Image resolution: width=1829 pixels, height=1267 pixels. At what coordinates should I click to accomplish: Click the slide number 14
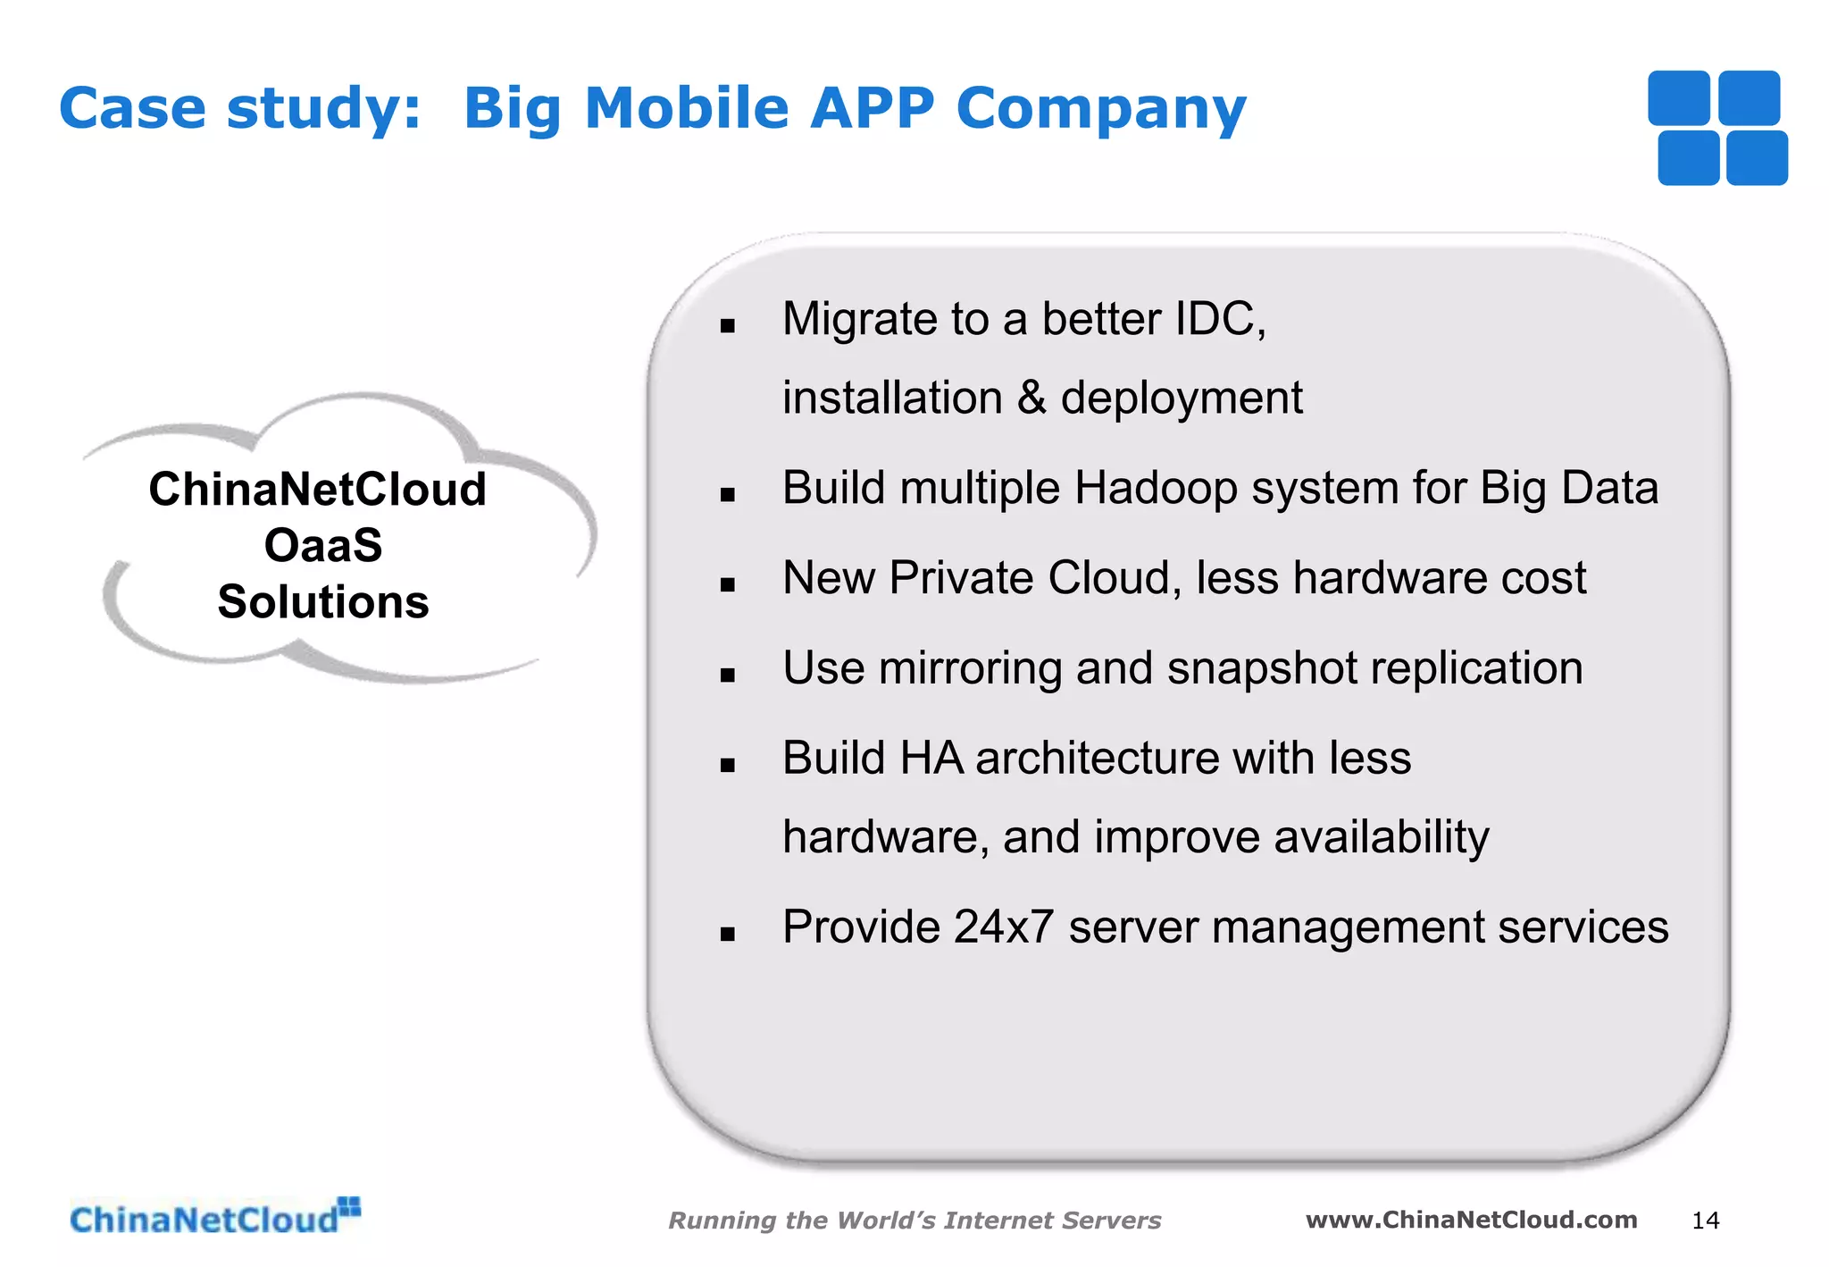[1705, 1221]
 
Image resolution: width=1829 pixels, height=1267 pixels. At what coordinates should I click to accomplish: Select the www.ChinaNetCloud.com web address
[1471, 1220]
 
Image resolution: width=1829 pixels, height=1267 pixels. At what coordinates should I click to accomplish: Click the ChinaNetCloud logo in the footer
[214, 1218]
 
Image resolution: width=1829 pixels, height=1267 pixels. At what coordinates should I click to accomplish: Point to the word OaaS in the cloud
[322, 545]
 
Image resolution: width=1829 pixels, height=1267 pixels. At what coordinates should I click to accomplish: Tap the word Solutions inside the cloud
[322, 601]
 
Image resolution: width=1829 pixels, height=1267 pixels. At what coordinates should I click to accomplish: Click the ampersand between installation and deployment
[1031, 398]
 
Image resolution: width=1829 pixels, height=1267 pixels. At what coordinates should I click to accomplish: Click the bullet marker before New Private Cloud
[728, 585]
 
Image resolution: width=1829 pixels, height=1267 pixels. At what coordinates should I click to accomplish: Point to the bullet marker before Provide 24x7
[728, 935]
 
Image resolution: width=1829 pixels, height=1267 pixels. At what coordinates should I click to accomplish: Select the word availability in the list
[1381, 837]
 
